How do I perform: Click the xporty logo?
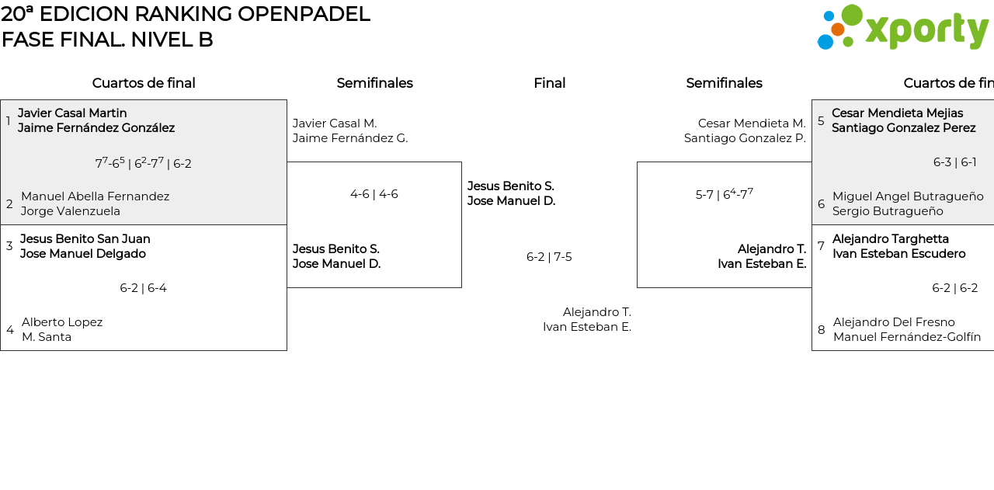click(902, 28)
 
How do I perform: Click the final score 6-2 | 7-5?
click(549, 257)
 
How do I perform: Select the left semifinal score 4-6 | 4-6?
click(374, 194)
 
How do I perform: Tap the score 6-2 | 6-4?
click(143, 288)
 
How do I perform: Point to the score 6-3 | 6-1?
click(954, 162)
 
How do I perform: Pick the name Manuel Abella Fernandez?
click(95, 196)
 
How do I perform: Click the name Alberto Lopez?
click(62, 322)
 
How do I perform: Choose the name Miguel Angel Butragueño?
click(908, 196)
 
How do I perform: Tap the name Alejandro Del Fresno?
click(894, 322)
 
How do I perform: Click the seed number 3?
click(9, 246)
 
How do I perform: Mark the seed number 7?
click(821, 246)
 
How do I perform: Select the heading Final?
click(549, 83)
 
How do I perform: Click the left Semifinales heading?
click(374, 83)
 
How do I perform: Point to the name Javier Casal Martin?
click(72, 113)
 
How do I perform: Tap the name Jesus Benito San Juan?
click(85, 239)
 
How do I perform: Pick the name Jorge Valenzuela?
click(71, 211)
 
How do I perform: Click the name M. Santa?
click(47, 337)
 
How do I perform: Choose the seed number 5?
click(821, 121)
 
